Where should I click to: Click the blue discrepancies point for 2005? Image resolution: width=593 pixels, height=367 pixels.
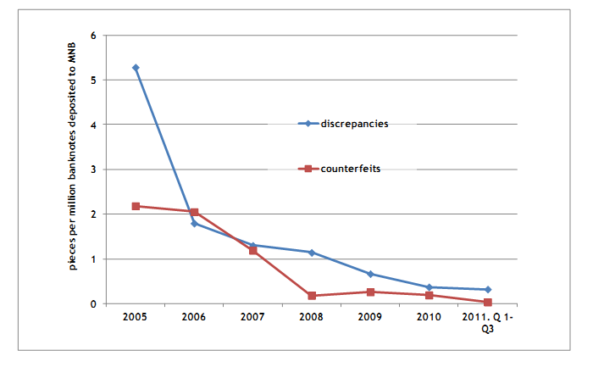click(x=136, y=67)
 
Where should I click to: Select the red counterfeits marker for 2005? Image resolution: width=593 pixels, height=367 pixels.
click(x=136, y=206)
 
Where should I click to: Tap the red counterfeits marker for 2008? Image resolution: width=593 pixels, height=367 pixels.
click(x=312, y=296)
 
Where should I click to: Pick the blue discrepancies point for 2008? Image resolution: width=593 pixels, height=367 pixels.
click(x=312, y=253)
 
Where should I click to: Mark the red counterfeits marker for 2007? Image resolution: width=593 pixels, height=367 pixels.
click(x=253, y=250)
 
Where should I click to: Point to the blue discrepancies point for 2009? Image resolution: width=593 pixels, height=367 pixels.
click(x=370, y=274)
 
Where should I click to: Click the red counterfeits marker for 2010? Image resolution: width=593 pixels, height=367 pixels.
click(x=429, y=295)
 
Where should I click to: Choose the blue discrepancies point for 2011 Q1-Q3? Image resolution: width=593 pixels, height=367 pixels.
click(x=488, y=290)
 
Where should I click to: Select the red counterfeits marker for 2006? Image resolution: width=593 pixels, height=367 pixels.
click(x=194, y=212)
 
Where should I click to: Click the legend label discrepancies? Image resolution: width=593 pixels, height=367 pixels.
click(x=354, y=124)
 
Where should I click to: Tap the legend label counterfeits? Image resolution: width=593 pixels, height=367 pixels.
click(x=351, y=169)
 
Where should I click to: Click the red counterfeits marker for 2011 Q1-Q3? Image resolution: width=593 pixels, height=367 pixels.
click(x=488, y=302)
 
